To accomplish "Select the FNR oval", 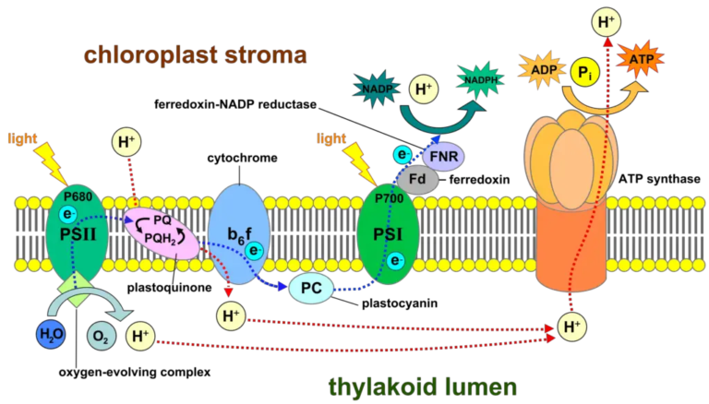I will (444, 156).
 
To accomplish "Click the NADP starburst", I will (379, 89).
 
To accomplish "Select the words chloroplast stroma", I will (195, 54).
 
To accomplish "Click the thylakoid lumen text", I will (423, 385).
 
